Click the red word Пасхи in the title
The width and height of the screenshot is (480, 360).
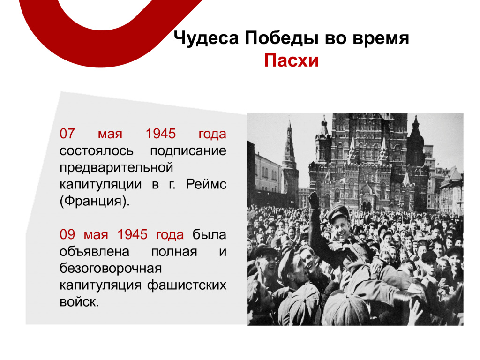pos(291,60)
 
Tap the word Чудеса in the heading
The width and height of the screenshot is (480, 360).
pos(206,38)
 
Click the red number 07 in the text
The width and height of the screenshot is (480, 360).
pos(67,134)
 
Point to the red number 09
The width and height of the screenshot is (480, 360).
pos(67,234)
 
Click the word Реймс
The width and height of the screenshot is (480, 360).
pos(206,184)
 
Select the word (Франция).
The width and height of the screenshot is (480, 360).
pos(95,202)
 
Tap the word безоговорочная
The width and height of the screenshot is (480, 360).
pos(111,268)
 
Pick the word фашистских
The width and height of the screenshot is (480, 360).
pos(187,285)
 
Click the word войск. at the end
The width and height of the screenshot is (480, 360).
pos(79,302)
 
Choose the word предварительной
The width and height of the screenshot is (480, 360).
pos(116,168)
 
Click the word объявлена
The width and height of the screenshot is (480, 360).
pos(94,252)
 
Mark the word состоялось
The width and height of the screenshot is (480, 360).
pos(97,151)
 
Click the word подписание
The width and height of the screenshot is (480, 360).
pos(188,151)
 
